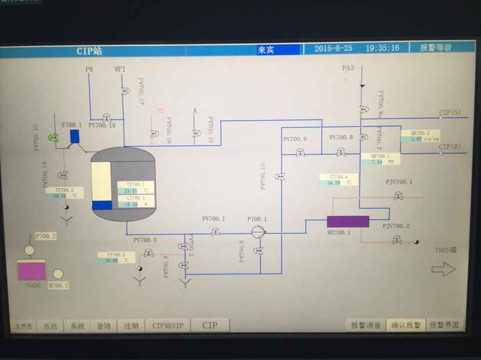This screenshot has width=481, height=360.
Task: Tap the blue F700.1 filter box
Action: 74,136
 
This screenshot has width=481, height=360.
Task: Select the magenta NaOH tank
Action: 31,271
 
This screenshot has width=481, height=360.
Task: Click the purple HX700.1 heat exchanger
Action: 347,221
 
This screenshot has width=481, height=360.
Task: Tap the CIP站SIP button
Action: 167,326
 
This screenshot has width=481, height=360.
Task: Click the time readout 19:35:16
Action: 382,48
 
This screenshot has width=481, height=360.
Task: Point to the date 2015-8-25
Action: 333,48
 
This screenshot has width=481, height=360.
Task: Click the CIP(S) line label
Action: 450,112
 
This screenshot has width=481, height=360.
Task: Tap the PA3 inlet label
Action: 348,69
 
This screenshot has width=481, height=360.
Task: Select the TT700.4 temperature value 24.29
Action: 333,182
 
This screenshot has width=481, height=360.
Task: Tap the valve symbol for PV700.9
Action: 300,153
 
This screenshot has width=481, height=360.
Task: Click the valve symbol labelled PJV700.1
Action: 399,197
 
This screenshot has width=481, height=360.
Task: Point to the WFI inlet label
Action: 120,69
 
